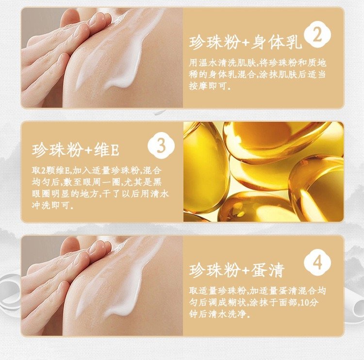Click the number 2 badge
tap(317, 35)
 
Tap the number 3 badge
tap(161, 146)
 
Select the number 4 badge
tap(317, 262)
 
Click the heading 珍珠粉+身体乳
tap(246, 43)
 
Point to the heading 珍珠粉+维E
tap(76, 150)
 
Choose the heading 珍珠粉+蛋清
tap(236, 270)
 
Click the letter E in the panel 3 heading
tap(115, 150)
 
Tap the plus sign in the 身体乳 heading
tap(246, 43)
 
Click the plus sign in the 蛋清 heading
tap(246, 271)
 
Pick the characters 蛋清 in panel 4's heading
tap(268, 270)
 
